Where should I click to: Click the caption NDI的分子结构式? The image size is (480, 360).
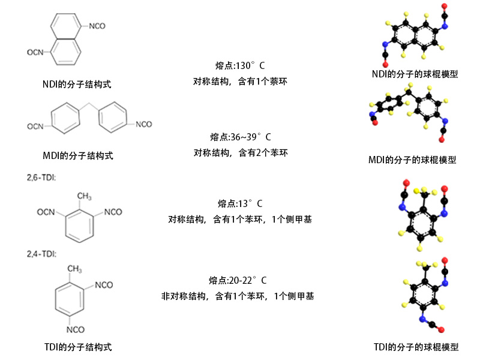(77, 84)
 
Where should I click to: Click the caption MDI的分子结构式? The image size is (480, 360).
(78, 155)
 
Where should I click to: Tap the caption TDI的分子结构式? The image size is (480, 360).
(78, 347)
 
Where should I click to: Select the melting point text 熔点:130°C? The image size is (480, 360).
(240, 65)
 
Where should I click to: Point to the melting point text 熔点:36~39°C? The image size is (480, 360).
(241, 137)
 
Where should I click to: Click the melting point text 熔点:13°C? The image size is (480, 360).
(240, 203)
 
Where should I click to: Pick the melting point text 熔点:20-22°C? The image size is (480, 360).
(238, 280)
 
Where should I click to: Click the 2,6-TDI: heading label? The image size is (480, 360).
(41, 178)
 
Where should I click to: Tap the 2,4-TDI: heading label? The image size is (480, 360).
(41, 254)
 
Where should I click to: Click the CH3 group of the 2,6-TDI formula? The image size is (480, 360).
(84, 196)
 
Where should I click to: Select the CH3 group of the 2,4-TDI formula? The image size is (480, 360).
(74, 269)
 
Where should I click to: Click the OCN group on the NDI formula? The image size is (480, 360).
(35, 52)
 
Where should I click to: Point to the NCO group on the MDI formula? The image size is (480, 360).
(144, 124)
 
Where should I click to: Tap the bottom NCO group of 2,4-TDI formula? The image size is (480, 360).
(76, 329)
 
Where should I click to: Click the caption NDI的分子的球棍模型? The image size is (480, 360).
(415, 74)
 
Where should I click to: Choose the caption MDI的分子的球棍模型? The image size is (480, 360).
(412, 160)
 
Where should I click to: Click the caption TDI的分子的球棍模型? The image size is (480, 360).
(416, 347)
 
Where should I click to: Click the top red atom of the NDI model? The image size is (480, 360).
(444, 6)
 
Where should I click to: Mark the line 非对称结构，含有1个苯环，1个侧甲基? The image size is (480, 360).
(238, 296)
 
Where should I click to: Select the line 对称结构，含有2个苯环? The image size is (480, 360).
(241, 152)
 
